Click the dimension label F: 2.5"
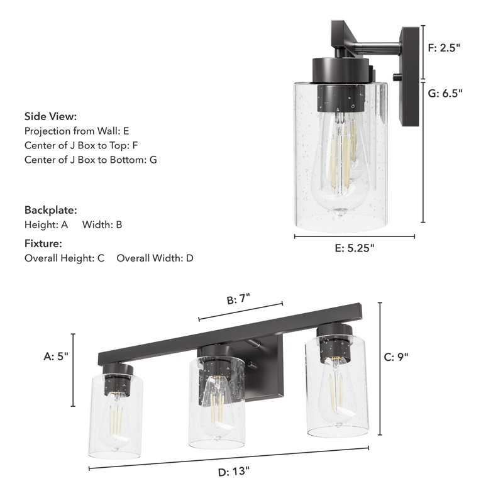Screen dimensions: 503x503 (x=444, y=48)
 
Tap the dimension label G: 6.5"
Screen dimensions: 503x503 (x=445, y=93)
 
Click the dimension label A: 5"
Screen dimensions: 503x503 (x=56, y=356)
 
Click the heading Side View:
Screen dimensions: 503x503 (x=51, y=116)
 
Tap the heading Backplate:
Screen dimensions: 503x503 (x=51, y=209)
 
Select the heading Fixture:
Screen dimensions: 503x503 (x=43, y=243)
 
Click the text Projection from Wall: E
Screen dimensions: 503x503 (x=77, y=131)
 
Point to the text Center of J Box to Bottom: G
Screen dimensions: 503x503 (x=91, y=160)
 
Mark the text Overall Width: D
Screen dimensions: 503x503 (x=155, y=258)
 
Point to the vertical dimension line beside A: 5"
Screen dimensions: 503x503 (x=74, y=371)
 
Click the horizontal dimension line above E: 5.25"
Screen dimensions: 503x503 (x=355, y=237)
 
